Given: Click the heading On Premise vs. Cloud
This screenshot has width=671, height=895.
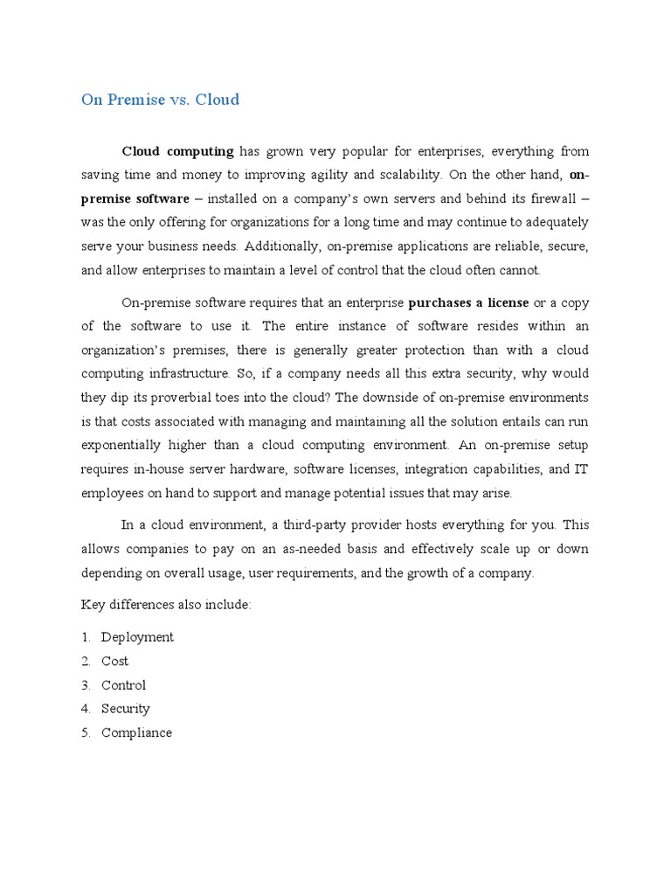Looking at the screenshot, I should (160, 100).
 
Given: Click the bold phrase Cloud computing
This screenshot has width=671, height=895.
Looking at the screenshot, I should (177, 151).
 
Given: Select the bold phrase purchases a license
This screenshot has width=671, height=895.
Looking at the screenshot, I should (468, 302).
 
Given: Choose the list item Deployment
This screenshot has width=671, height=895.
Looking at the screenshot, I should (137, 637).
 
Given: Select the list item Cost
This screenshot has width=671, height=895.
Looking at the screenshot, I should (114, 662).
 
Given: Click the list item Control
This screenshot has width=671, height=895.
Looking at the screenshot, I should (123, 685).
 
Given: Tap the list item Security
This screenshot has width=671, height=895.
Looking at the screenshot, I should (125, 709).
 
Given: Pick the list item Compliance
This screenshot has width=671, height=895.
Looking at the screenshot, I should (136, 733).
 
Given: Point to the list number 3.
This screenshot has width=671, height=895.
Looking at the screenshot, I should (86, 685).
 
